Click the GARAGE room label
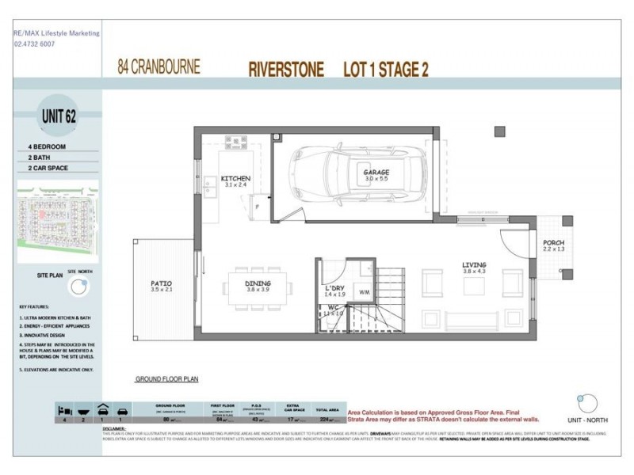pyautogui.click(x=377, y=172)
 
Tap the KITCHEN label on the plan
pyautogui.click(x=235, y=179)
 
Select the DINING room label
pyautogui.click(x=258, y=283)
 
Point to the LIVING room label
pyautogui.click(x=474, y=265)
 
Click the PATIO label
pyautogui.click(x=162, y=283)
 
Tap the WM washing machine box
pyautogui.click(x=365, y=292)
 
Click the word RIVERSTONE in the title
pyautogui.click(x=286, y=70)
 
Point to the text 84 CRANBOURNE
pyautogui.click(x=158, y=66)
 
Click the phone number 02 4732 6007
pyautogui.click(x=34, y=44)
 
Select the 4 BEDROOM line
pyautogui.click(x=47, y=147)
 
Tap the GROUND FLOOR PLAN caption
pyautogui.click(x=166, y=379)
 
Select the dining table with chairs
pyautogui.click(x=258, y=283)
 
